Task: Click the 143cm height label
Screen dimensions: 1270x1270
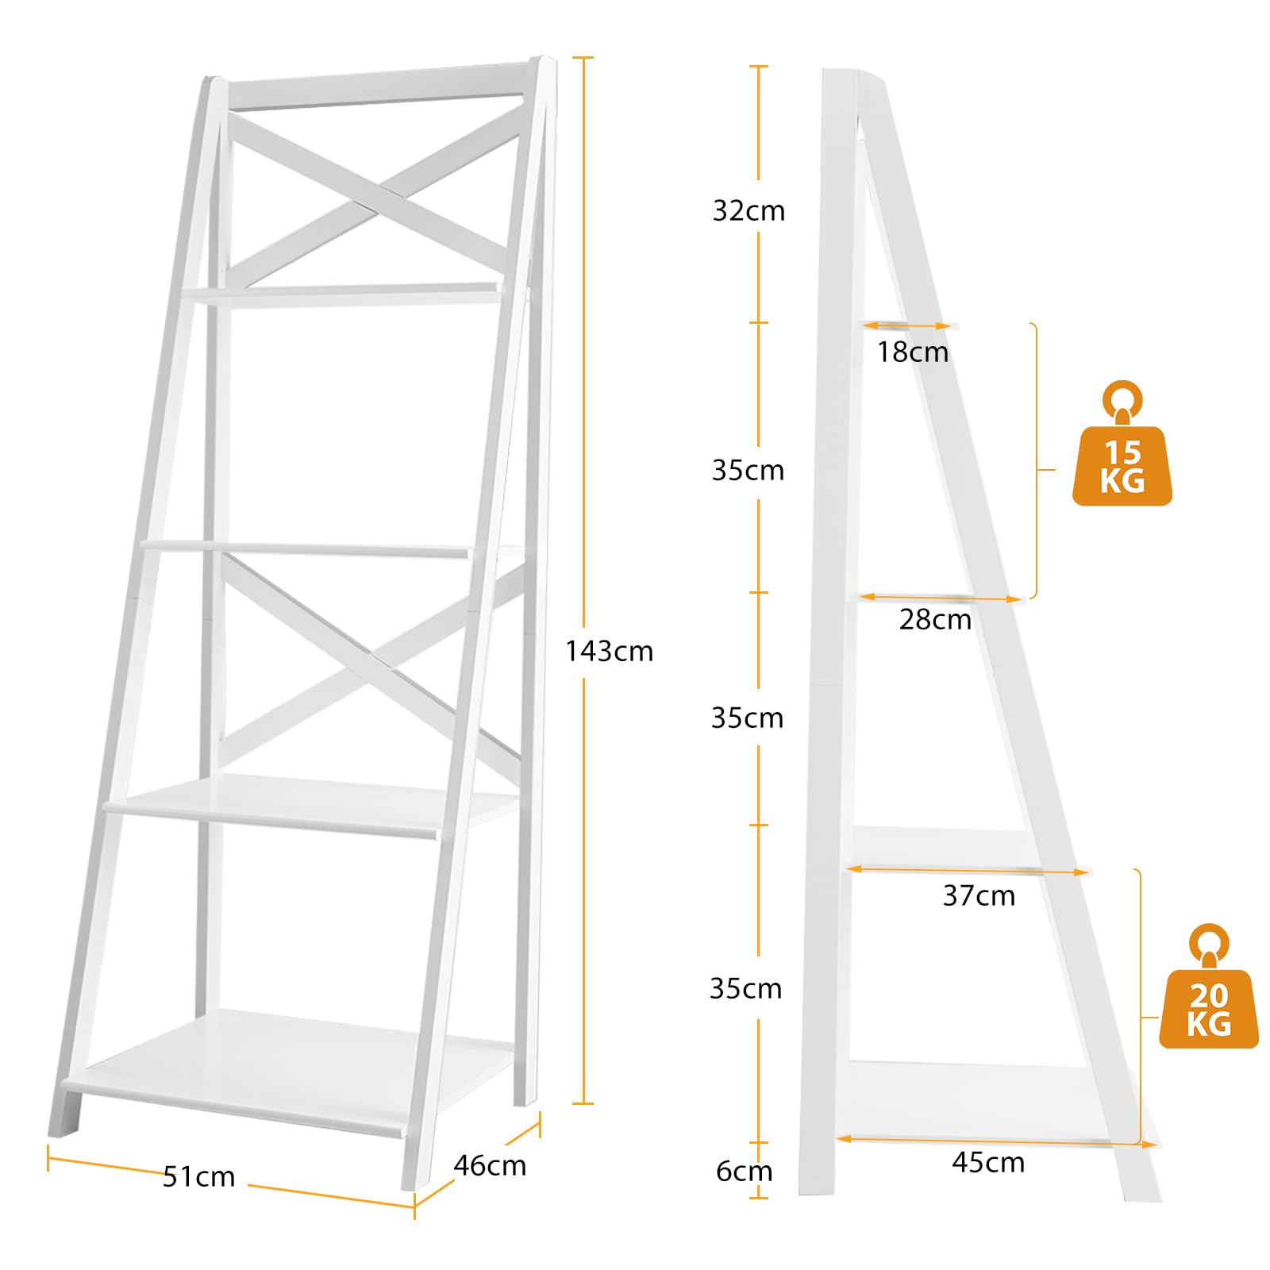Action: pos(609,652)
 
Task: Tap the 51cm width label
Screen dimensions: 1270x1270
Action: pos(198,1176)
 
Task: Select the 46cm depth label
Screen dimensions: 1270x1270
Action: pos(490,1165)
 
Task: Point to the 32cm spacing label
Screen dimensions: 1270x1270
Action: pos(749,210)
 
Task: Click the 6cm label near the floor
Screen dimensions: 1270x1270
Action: pos(744,1171)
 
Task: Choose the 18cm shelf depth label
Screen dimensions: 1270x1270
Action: pos(913,352)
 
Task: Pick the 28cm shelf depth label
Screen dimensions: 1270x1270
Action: pos(935,619)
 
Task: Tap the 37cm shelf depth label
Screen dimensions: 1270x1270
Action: pos(979,895)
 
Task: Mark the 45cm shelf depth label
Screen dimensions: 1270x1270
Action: pos(988,1162)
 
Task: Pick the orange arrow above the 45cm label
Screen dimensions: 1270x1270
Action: pos(997,1141)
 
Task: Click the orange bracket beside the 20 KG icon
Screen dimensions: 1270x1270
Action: pos(1141,1008)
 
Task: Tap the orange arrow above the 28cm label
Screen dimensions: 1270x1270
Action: pos(941,598)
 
